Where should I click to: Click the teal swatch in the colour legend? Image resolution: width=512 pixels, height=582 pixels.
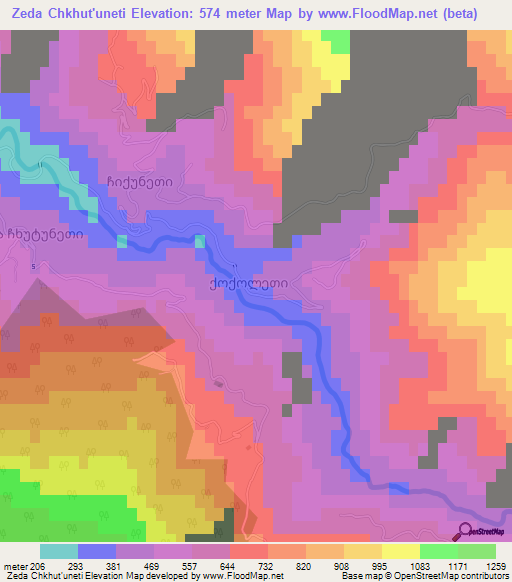pyautogui.click(x=58, y=551)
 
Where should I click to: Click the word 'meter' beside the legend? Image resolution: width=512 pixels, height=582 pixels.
pyautogui.click(x=16, y=566)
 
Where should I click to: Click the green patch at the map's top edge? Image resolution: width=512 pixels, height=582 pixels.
pyautogui.click(x=336, y=40)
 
